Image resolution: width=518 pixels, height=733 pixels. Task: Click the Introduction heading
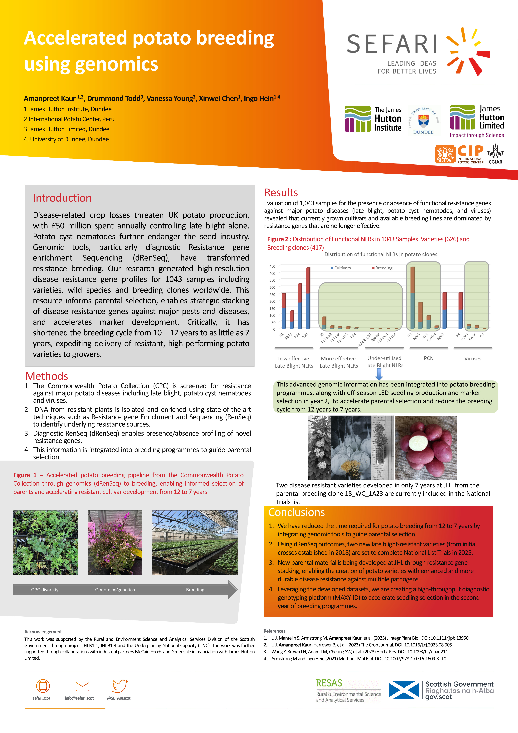point(62,198)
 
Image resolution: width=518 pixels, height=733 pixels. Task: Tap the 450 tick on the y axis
point(272,266)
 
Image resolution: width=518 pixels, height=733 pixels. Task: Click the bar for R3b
point(308,298)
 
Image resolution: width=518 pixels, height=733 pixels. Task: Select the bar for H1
point(412,298)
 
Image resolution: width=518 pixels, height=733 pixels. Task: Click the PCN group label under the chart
point(428,358)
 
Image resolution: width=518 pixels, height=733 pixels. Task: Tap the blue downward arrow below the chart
point(379,374)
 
